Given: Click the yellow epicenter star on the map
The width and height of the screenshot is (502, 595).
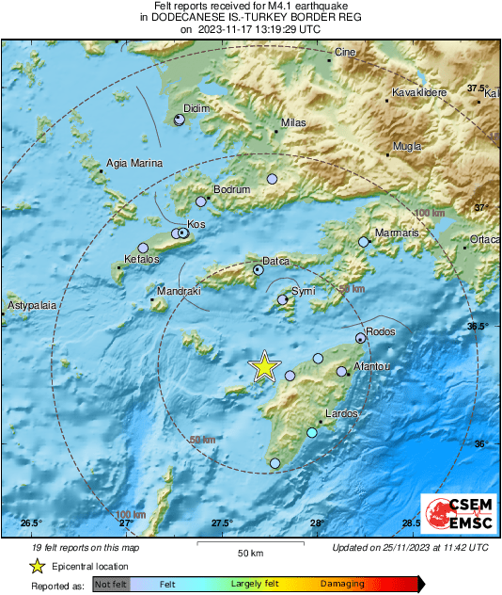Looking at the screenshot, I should click(265, 367).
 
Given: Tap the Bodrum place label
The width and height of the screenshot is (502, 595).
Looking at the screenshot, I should click(232, 190).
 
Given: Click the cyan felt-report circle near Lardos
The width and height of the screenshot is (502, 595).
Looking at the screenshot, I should click(312, 433).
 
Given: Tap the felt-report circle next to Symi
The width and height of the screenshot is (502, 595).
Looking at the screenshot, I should click(282, 300).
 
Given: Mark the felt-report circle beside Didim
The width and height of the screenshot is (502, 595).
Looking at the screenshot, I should click(180, 120).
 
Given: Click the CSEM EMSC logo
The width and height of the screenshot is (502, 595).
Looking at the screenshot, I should click(453, 513).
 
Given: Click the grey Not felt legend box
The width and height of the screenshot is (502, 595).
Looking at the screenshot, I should click(110, 584).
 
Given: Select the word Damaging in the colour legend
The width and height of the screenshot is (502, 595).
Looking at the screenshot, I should click(342, 584).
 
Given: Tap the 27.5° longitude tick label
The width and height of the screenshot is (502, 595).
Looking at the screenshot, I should click(222, 523).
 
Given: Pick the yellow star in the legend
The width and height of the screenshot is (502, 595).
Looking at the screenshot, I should click(37, 566).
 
